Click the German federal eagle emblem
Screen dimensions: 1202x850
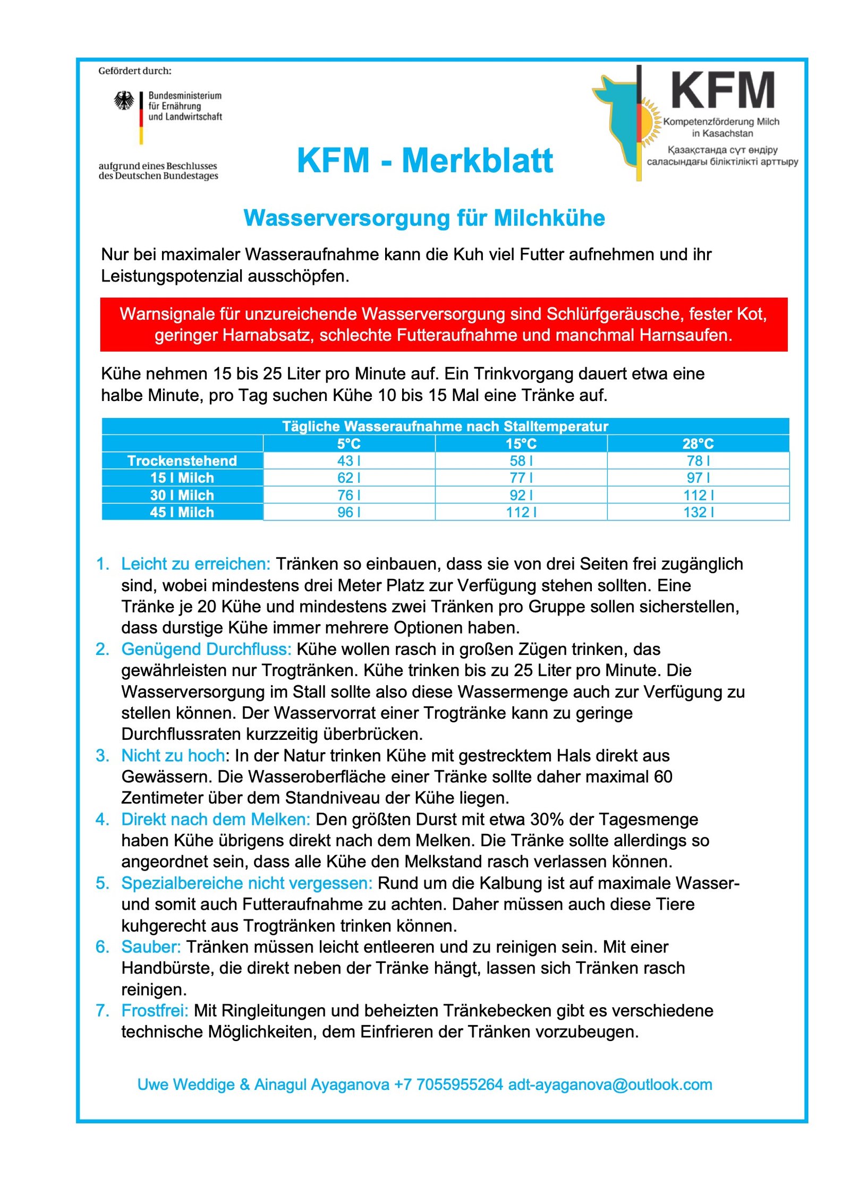click(124, 100)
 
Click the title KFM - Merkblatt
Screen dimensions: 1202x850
click(424, 160)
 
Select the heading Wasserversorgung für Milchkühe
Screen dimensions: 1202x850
click(424, 218)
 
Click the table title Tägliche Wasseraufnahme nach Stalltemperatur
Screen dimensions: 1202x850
click(445, 427)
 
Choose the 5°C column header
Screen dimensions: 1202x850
click(348, 444)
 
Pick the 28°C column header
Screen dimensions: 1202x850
click(698, 444)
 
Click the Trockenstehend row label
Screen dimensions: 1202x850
click(182, 461)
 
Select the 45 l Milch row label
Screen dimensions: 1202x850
click(182, 512)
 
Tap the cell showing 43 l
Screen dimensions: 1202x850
click(348, 461)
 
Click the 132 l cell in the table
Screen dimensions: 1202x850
click(698, 512)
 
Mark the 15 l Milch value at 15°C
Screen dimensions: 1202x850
click(521, 478)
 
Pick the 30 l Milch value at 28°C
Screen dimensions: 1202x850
click(698, 495)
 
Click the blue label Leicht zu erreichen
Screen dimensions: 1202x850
click(195, 564)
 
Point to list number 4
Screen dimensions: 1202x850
click(101, 819)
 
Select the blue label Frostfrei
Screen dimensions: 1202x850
click(155, 1010)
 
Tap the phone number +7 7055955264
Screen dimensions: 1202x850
click(448, 1084)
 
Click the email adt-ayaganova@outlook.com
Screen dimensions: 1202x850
click(610, 1084)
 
